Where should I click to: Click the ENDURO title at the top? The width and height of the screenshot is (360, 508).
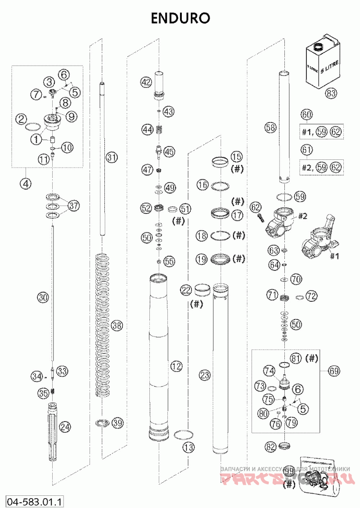point(180,18)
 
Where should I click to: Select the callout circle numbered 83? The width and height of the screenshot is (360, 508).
point(331,94)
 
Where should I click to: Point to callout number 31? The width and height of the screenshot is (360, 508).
point(111,157)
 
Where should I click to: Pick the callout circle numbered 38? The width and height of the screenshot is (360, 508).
point(117,325)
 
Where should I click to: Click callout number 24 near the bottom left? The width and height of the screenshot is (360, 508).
point(66,426)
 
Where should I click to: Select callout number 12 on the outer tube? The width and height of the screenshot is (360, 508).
point(176,367)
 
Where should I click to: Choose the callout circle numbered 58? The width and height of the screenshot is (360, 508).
point(270,128)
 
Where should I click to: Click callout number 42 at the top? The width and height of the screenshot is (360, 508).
point(145,82)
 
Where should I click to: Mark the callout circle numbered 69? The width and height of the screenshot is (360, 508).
point(333,371)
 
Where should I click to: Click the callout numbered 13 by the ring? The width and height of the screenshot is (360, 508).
point(188,447)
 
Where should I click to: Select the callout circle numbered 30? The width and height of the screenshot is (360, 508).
point(42,298)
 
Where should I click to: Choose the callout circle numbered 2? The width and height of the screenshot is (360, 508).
point(20,119)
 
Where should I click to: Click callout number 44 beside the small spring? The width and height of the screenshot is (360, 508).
point(147,130)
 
